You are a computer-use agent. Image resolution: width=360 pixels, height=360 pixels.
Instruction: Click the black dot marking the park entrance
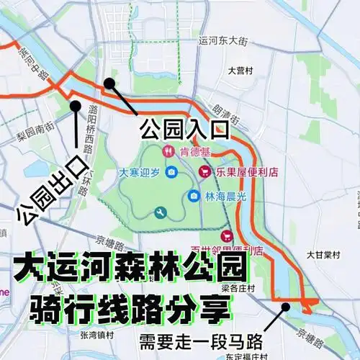(x=109, y=84)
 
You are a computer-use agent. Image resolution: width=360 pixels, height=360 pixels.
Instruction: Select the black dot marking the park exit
(x=75, y=106)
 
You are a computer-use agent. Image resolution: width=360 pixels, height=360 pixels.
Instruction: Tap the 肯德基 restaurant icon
(x=167, y=151)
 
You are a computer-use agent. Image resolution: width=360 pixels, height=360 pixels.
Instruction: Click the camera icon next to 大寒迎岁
(x=171, y=172)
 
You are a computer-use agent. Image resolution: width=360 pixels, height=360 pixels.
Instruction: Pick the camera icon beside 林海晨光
(x=194, y=196)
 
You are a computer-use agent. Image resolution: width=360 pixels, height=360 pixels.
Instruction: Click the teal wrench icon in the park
(x=160, y=212)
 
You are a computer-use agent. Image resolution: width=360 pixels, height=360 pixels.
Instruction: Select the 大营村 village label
(x=238, y=71)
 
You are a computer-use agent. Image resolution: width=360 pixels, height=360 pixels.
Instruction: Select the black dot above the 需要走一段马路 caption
(x=287, y=306)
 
